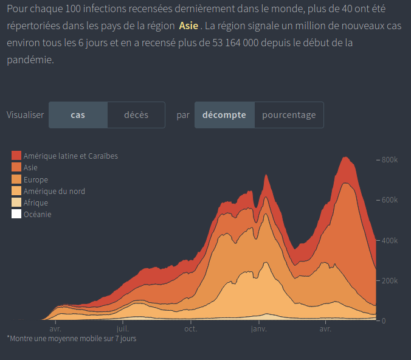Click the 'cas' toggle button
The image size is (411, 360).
[78, 115]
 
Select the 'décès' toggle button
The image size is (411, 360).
[136, 115]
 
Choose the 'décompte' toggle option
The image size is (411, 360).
[224, 115]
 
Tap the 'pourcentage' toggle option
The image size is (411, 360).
[289, 115]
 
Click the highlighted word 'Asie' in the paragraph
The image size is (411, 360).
[188, 27]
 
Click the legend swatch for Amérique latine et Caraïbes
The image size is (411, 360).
[17, 156]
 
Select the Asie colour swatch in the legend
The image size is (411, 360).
[17, 168]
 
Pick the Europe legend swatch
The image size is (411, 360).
[17, 179]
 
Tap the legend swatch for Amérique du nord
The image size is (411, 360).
[17, 191]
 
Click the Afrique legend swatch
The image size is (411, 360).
[17, 202]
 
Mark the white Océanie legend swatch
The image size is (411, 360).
[17, 214]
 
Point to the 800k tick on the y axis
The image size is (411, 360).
[389, 160]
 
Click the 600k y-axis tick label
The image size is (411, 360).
[389, 200]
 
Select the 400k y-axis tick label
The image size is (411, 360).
[389, 240]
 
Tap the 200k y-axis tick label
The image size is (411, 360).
[389, 280]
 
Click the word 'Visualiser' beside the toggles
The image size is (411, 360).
[25, 115]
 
